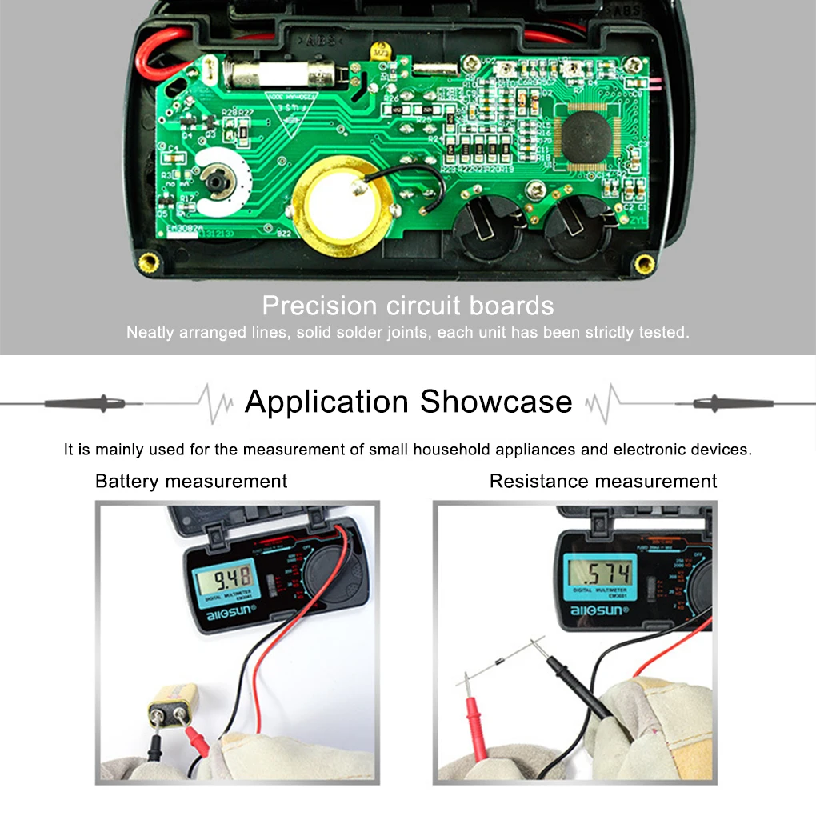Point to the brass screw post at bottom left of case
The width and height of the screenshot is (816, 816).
tap(148, 262)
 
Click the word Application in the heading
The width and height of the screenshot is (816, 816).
tap(327, 402)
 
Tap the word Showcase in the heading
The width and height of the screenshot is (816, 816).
tap(497, 402)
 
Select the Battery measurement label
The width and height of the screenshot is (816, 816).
tap(191, 481)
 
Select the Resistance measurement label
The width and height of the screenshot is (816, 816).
tap(603, 481)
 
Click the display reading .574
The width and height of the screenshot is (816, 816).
tap(598, 571)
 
